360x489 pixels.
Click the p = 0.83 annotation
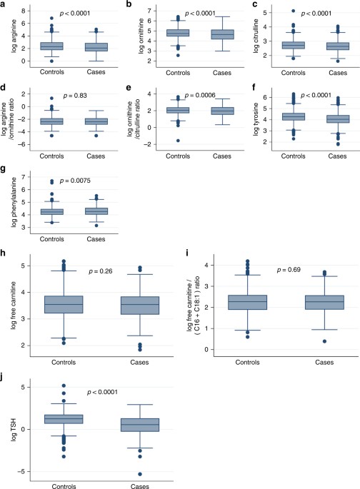click(75, 96)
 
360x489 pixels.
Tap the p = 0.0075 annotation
click(75, 181)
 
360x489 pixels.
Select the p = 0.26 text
click(101, 271)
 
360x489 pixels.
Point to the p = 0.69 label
click(289, 270)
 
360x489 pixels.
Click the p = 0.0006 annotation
click(200, 95)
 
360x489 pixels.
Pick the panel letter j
click(2, 378)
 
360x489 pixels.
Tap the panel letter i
click(187, 253)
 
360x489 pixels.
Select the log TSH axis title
click(14, 430)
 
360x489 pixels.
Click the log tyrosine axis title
click(256, 119)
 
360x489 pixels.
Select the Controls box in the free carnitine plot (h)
click(64, 304)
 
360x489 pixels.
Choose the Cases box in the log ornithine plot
click(222, 34)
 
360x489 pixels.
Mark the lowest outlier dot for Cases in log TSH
click(140, 474)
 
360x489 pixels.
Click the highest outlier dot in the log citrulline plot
click(294, 11)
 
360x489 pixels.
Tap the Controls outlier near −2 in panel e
click(178, 141)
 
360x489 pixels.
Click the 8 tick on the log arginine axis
click(24, 11)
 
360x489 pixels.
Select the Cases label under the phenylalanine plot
click(96, 239)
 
